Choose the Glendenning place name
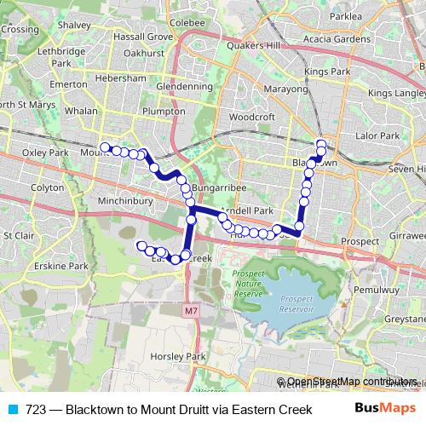tap(183, 87)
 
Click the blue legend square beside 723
tap(11, 408)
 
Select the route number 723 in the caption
tap(36, 408)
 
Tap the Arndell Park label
tap(245, 210)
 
